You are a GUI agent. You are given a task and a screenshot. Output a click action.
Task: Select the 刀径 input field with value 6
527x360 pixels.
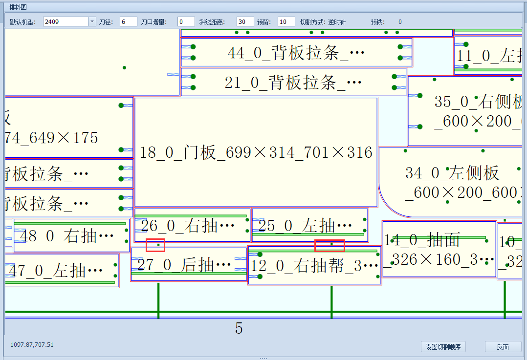click(x=128, y=21)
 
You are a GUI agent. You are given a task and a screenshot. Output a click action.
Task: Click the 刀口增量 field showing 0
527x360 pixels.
click(x=186, y=21)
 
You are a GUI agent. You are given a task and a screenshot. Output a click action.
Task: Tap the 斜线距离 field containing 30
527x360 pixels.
click(x=245, y=21)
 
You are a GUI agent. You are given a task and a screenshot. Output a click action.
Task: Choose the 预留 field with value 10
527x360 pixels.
click(x=286, y=21)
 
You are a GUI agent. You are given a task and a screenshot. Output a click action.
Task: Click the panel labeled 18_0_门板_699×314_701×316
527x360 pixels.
click(x=256, y=153)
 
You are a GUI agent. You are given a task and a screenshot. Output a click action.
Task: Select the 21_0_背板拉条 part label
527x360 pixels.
click(x=293, y=83)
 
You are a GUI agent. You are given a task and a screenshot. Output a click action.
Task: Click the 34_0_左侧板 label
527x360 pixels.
click(x=452, y=173)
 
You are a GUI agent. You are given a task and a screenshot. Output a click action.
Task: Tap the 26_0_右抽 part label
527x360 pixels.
click(x=188, y=226)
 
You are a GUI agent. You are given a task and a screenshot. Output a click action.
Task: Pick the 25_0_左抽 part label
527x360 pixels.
click(x=305, y=226)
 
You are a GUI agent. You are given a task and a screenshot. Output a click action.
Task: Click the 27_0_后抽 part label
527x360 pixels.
click(x=184, y=265)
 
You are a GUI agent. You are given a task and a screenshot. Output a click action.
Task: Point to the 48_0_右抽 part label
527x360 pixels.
click(x=66, y=236)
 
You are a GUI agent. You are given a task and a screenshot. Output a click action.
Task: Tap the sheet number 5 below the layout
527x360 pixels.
click(x=239, y=328)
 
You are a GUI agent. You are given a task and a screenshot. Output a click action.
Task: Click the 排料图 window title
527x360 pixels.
click(x=18, y=7)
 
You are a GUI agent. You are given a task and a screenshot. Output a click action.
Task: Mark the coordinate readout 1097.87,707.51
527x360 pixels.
click(x=32, y=345)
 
